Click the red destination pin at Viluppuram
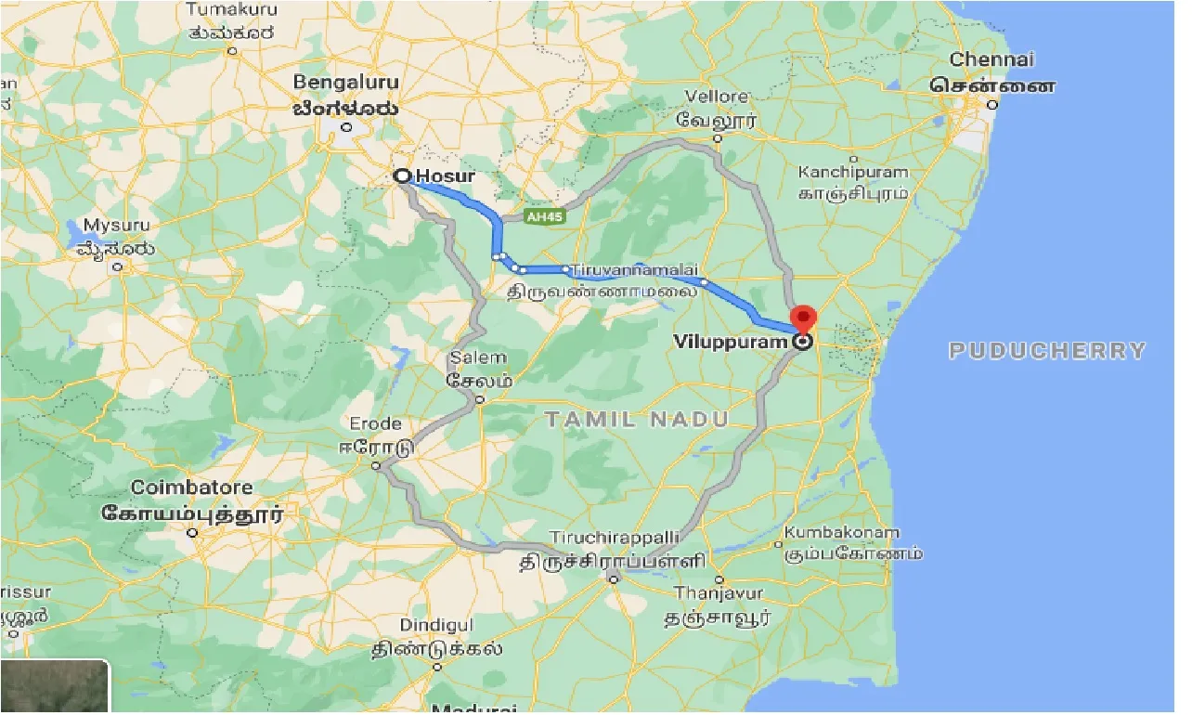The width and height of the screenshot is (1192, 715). (803, 318)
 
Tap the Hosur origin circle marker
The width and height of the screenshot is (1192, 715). (403, 175)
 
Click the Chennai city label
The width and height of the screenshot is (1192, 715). (991, 60)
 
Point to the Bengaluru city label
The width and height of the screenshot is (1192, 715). (344, 81)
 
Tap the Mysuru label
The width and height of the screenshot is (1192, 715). (116, 226)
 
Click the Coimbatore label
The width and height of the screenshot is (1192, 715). (191, 487)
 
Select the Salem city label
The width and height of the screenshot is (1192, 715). (478, 357)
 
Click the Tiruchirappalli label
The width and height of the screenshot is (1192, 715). (615, 539)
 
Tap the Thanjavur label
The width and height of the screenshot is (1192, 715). (719, 593)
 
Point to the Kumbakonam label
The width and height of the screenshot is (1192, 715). (842, 533)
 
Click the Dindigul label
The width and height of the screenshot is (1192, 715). (436, 626)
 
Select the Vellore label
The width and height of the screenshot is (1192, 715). (717, 97)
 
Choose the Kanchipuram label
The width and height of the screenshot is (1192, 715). (853, 173)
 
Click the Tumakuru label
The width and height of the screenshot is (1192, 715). (230, 9)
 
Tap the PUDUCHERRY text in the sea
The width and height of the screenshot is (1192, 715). (1047, 351)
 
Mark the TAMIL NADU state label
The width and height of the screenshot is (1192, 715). (637, 420)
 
